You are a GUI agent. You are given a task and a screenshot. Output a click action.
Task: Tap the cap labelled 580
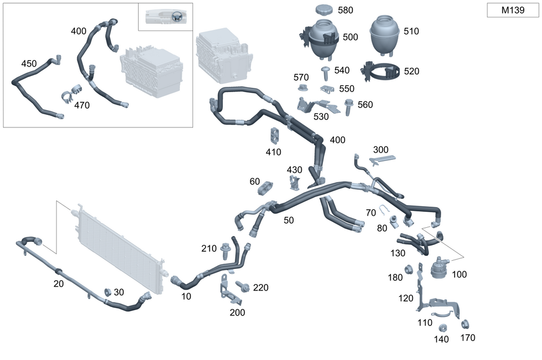324,11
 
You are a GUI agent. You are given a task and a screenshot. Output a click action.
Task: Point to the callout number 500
350,37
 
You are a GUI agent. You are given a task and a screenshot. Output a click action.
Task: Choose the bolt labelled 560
349,107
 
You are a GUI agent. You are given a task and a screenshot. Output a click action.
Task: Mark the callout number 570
301,78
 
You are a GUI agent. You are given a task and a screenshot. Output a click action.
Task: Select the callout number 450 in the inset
29,63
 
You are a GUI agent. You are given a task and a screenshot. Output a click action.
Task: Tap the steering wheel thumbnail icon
177,17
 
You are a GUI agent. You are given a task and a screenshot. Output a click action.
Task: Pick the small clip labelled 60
266,188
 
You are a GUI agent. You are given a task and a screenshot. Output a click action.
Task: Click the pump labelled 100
440,268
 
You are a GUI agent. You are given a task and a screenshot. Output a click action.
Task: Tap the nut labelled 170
464,325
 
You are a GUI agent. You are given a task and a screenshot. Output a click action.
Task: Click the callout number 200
237,312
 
